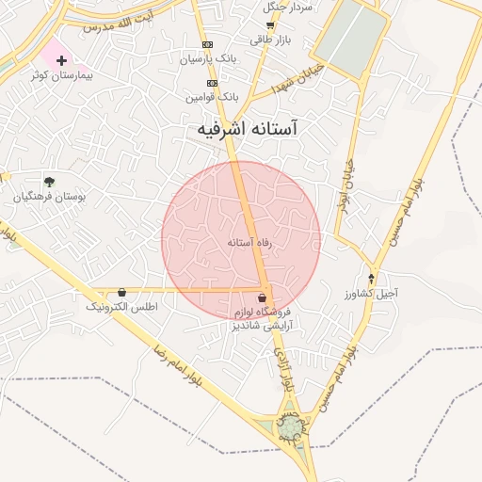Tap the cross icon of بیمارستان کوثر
[61, 60]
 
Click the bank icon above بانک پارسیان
[207, 45]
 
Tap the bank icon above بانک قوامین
[213, 83]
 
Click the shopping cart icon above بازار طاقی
[270, 26]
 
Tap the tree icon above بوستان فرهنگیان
[49, 182]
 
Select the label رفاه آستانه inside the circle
[249, 242]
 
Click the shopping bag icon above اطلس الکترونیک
[122, 293]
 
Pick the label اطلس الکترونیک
[122, 307]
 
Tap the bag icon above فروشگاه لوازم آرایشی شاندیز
[261, 297]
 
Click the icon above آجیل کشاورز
[372, 279]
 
